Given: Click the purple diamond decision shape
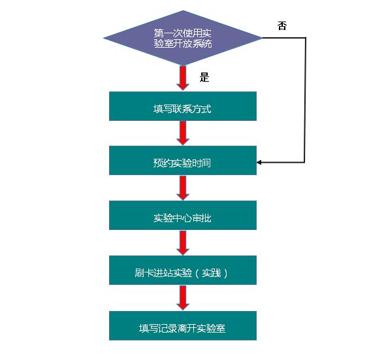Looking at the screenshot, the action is [x=183, y=38].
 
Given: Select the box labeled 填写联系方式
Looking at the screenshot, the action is [x=183, y=106].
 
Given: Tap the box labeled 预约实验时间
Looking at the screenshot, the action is [x=183, y=160].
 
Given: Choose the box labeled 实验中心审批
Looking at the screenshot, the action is [x=183, y=215].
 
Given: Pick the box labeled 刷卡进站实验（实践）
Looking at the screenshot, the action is [x=183, y=270].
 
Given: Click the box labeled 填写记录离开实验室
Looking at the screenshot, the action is [x=183, y=325].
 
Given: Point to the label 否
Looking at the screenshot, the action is [x=282, y=25].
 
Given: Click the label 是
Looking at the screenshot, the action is [x=204, y=77].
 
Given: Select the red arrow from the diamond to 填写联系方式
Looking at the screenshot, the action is [x=183, y=78].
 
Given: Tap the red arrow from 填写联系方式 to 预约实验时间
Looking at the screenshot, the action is [x=183, y=133].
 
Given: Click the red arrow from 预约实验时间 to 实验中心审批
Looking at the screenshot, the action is [x=183, y=188].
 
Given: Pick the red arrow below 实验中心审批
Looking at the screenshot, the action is [x=183, y=242].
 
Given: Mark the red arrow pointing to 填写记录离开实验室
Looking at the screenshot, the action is [x=183, y=298].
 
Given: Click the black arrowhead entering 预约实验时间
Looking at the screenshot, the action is [x=259, y=162].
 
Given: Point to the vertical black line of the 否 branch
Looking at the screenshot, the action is [x=305, y=100].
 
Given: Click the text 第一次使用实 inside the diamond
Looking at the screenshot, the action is [x=182, y=33].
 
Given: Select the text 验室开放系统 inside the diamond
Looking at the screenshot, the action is [x=183, y=44].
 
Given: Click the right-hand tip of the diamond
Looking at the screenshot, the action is [x=262, y=38].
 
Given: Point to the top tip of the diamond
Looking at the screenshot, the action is [x=183, y=10].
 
